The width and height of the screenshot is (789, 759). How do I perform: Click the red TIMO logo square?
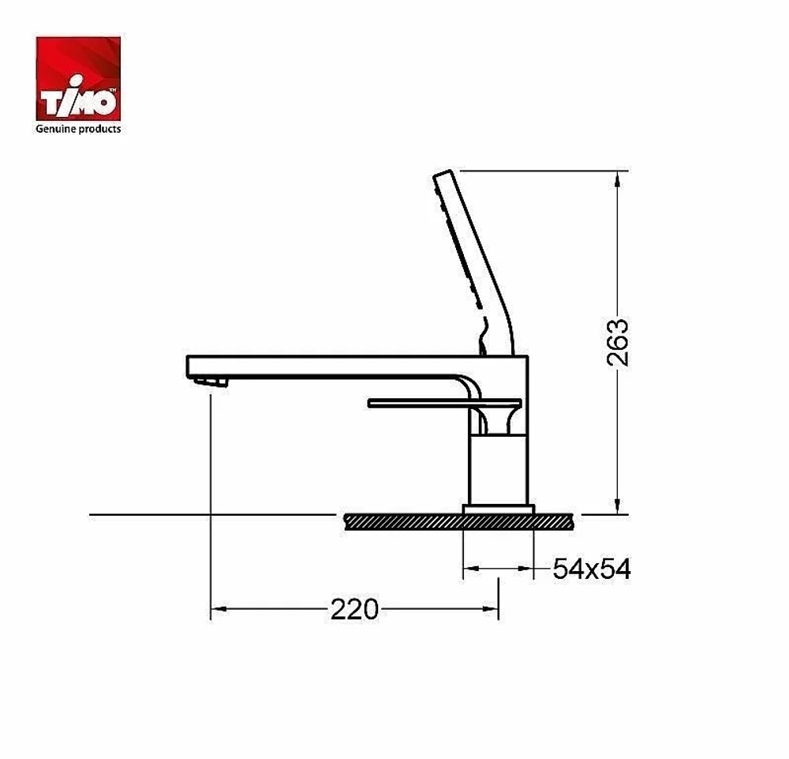point(78,78)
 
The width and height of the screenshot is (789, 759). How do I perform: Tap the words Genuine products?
point(78,129)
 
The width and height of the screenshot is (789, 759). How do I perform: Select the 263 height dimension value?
point(618,343)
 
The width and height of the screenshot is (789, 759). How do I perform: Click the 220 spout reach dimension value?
point(354,610)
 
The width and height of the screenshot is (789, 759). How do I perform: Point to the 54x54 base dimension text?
point(591,569)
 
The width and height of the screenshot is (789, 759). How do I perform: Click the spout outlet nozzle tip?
point(211,382)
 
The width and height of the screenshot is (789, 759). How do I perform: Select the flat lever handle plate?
point(445,403)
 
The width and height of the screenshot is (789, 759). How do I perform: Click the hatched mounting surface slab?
point(458,522)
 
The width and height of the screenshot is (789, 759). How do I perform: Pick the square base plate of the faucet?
point(498,509)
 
